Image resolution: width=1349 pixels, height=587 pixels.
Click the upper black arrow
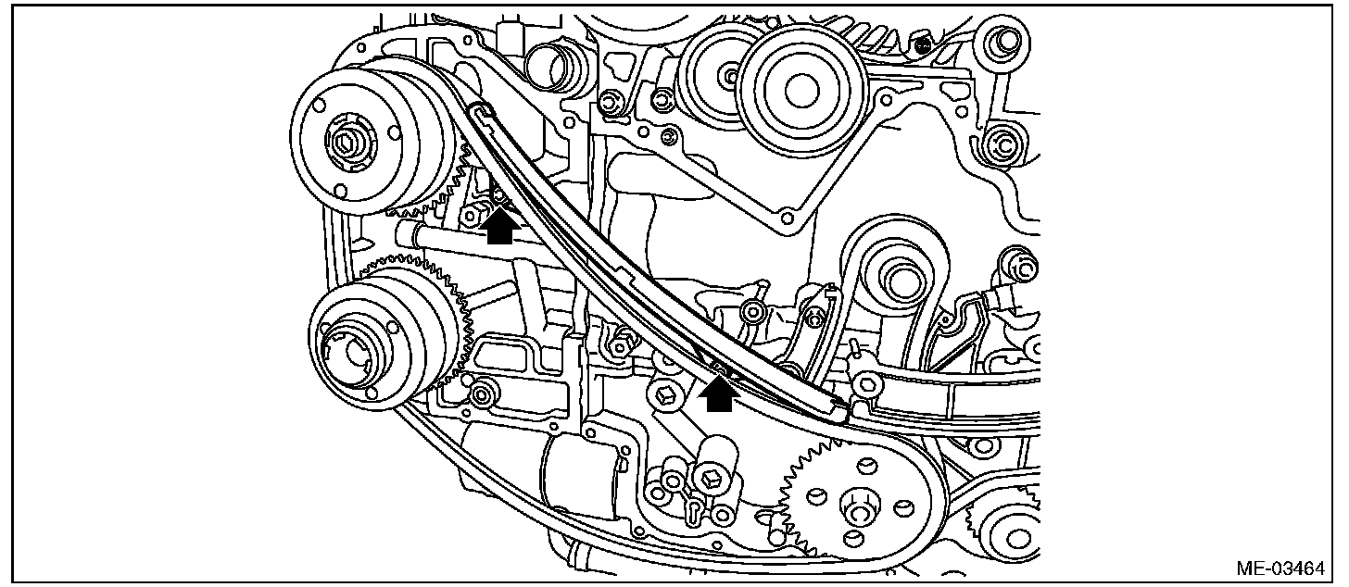[x=500, y=226]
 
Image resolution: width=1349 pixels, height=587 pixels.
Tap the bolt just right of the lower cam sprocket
[x=480, y=396]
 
